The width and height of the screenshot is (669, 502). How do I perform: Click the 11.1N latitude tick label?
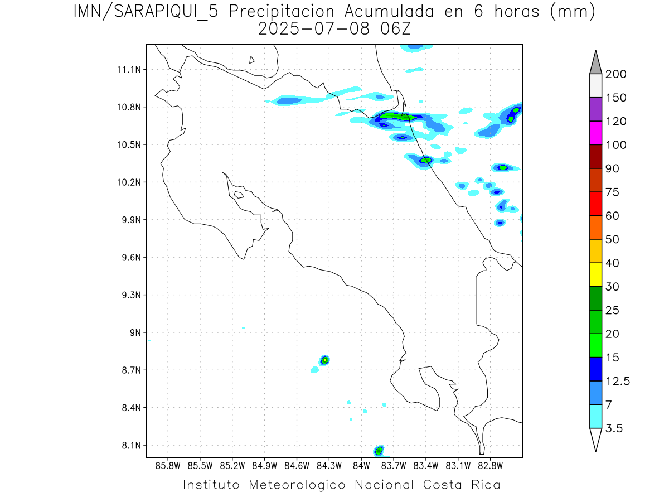click(130, 70)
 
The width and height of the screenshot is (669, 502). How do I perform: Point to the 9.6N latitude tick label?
click(130, 258)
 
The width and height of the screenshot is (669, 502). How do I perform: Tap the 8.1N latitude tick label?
click(130, 445)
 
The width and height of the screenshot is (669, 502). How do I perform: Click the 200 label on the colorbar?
click(616, 74)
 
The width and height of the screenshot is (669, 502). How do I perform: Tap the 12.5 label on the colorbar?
click(618, 381)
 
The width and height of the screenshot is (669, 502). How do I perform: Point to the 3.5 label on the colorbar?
click(614, 428)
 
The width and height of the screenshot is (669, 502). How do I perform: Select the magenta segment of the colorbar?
click(595, 133)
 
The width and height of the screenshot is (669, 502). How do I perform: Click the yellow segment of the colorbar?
click(595, 274)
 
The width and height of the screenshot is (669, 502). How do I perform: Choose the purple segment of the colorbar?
click(595, 109)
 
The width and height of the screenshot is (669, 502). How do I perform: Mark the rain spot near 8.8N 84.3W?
click(324, 360)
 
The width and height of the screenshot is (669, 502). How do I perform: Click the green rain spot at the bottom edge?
click(379, 450)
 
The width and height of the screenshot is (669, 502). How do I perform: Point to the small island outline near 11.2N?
click(252, 60)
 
